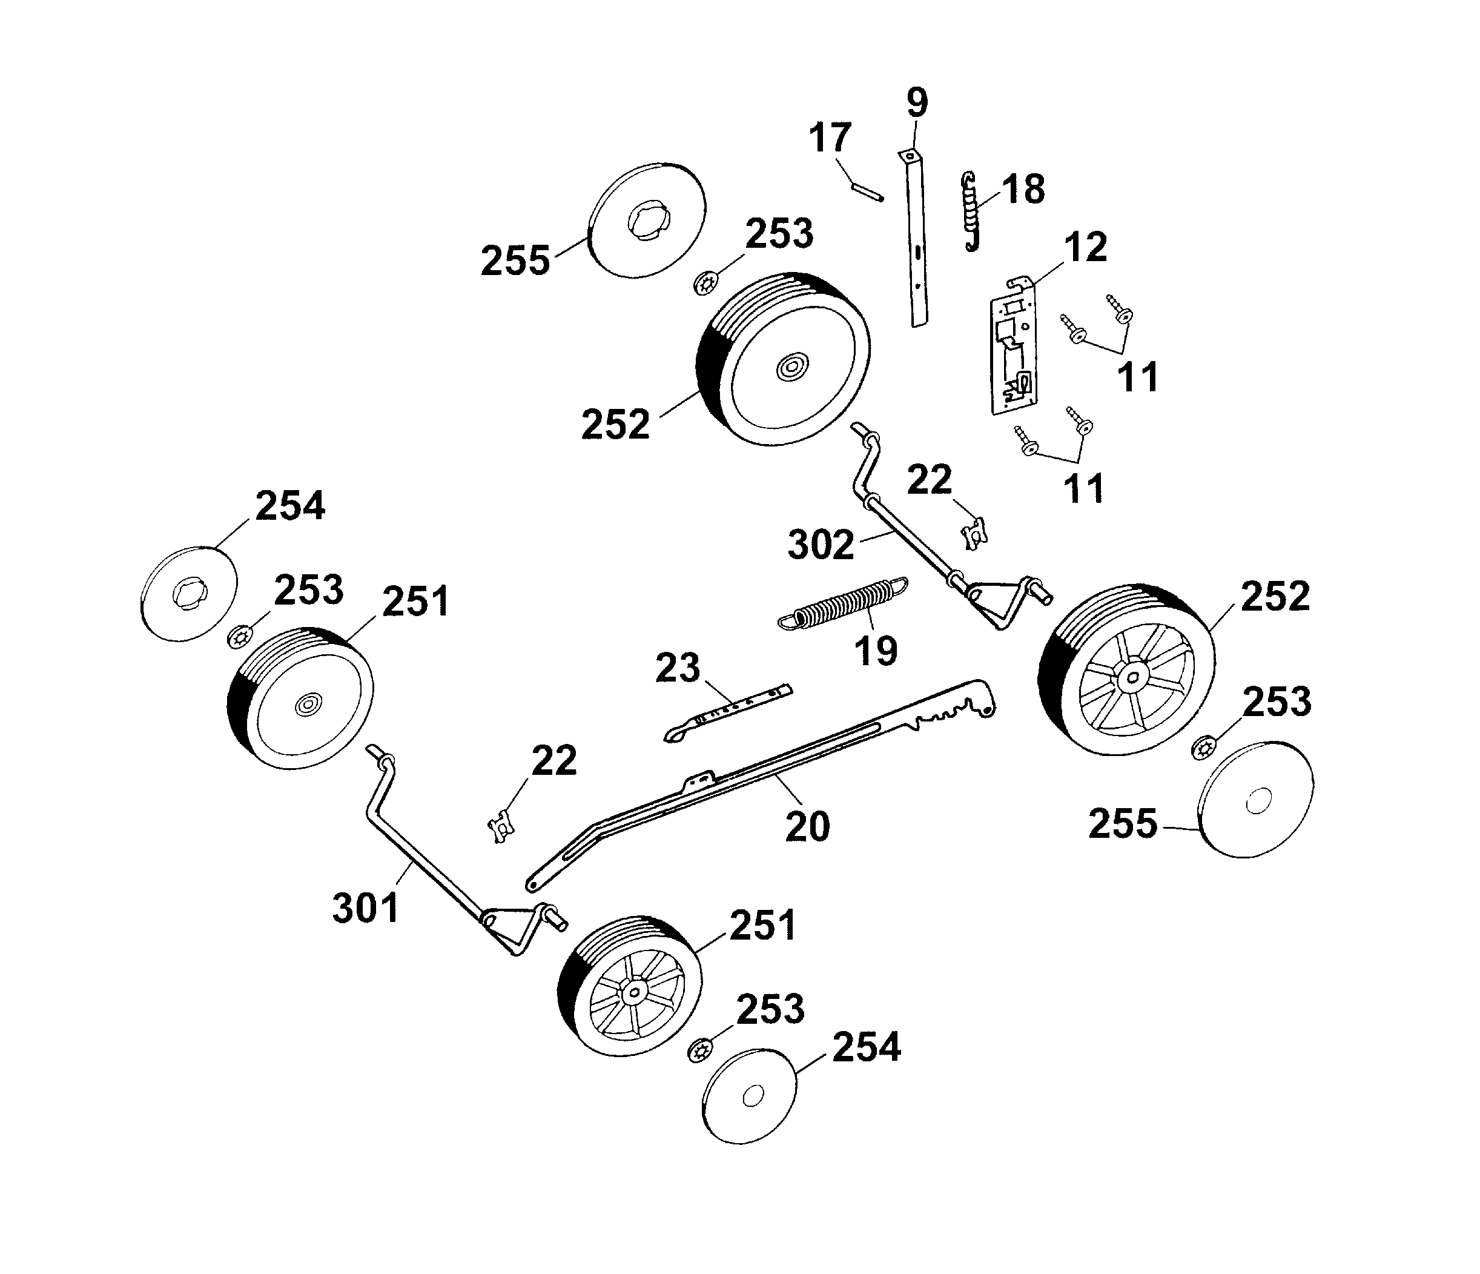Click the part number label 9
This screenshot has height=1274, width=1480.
(x=917, y=103)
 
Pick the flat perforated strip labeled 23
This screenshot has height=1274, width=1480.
(x=728, y=712)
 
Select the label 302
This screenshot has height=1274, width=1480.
(x=821, y=545)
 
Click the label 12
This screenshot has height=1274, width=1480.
(x=1086, y=247)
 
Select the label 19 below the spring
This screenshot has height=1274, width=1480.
(x=876, y=651)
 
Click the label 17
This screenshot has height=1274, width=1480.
(x=830, y=138)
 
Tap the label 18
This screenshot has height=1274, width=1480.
(x=1023, y=190)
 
